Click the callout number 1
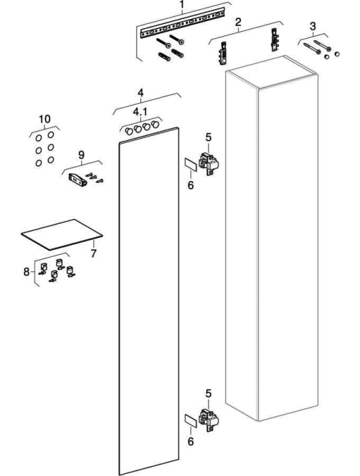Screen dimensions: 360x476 point(182,5)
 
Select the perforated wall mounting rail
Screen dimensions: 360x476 point(182,22)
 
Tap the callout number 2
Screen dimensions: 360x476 point(238,22)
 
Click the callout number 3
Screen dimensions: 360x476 point(313,26)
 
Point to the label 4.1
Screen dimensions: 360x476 point(140,112)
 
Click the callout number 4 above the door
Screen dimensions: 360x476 point(140,92)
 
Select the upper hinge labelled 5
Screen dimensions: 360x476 point(209,165)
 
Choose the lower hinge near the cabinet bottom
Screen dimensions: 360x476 point(209,420)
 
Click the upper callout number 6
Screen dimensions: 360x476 point(191,185)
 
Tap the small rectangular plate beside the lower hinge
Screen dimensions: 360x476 point(191,421)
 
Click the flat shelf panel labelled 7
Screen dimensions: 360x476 point(62,235)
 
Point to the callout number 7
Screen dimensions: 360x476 point(93,253)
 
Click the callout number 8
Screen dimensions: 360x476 point(27,271)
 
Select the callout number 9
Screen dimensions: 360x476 point(82,155)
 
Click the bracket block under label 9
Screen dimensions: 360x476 point(78,180)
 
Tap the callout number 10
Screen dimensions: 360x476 point(45,119)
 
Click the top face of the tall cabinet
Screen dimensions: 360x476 point(272,72)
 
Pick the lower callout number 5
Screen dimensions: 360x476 point(208,394)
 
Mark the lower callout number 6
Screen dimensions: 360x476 point(191,441)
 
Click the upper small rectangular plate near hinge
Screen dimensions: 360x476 point(191,165)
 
